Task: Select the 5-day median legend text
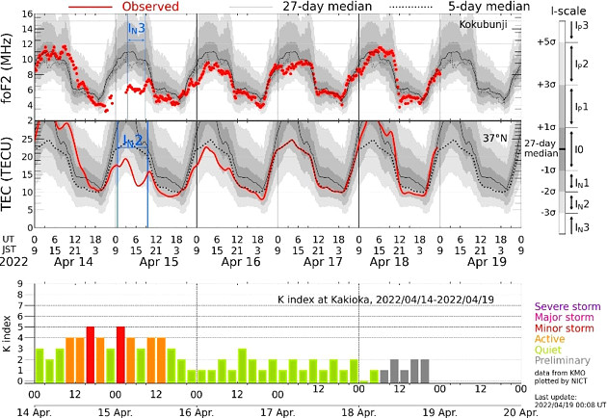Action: click(x=480, y=7)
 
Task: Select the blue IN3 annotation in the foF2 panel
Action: click(x=137, y=29)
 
